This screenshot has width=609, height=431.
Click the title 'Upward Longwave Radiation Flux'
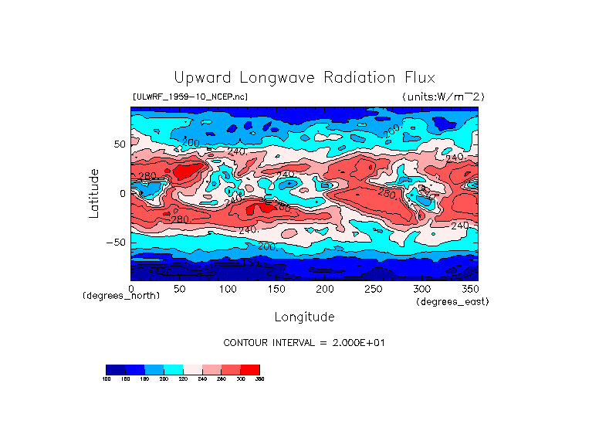[304, 78]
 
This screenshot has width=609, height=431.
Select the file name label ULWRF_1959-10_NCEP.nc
[190, 97]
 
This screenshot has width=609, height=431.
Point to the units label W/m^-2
[443, 97]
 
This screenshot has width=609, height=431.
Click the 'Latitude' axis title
[93, 193]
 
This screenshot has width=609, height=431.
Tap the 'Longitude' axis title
[304, 317]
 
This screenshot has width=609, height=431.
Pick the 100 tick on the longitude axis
[228, 289]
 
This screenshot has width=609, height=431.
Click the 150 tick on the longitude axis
[277, 289]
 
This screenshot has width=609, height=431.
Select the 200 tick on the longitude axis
[325, 289]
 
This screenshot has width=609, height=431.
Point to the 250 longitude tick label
[374, 289]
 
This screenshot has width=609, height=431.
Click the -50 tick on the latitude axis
[116, 243]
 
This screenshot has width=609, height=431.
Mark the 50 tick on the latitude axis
[119, 144]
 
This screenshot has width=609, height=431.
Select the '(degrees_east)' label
[452, 301]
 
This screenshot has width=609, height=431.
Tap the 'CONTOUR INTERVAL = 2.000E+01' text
[303, 342]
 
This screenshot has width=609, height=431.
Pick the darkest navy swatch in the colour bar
[115, 369]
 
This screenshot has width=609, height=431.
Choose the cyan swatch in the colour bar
[173, 369]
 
